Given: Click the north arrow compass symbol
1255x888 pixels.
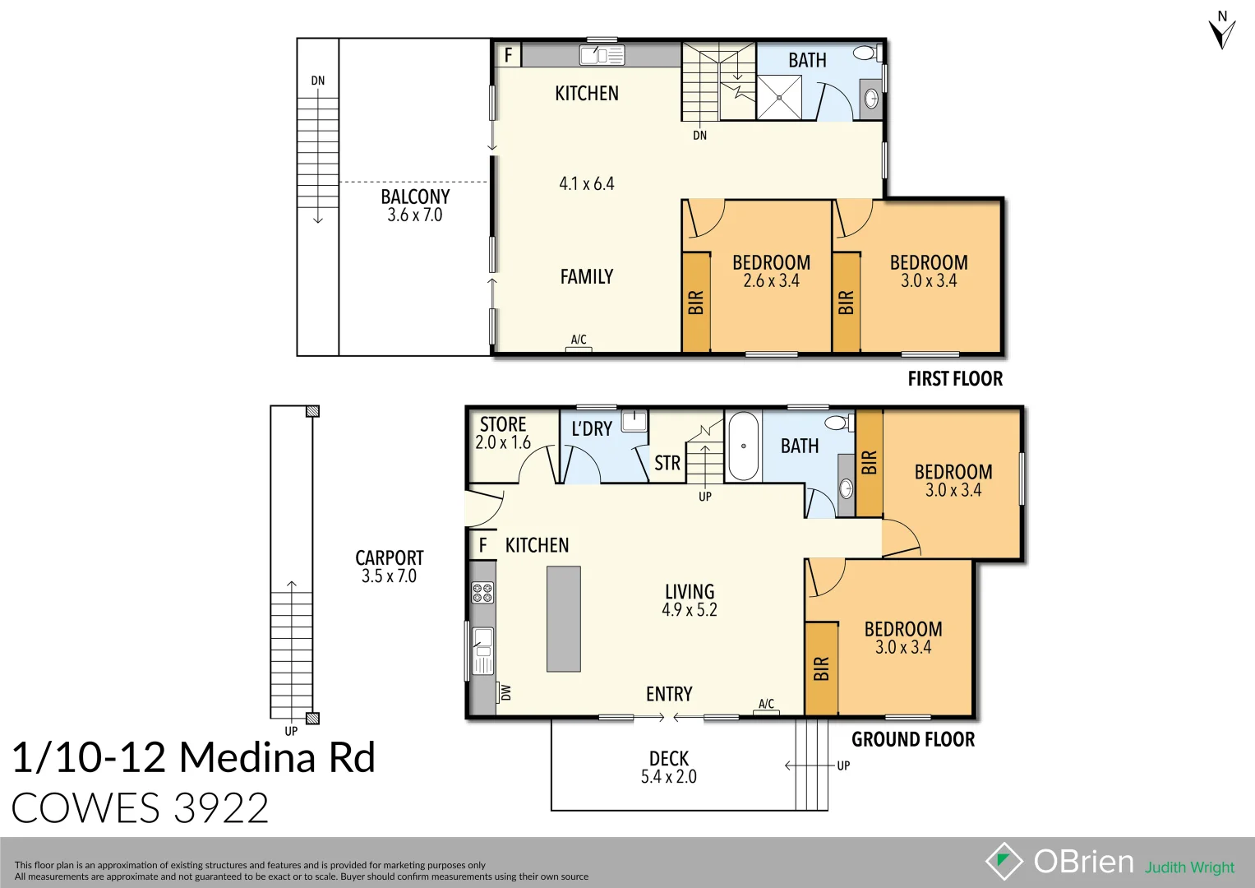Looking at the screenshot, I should (x=1222, y=31).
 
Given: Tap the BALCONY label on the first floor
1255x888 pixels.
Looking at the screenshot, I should (x=415, y=197).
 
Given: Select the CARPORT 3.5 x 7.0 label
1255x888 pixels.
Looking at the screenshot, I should (x=389, y=567).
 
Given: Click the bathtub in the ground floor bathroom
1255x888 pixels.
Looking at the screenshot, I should (x=743, y=446).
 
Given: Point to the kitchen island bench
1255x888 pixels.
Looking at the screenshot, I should (x=564, y=619).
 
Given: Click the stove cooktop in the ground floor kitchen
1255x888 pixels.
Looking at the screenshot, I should (x=482, y=592).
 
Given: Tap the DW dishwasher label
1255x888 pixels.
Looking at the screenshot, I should (x=505, y=693).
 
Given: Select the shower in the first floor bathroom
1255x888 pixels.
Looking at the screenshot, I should (x=778, y=97).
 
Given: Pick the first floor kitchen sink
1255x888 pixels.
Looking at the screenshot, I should (x=602, y=55).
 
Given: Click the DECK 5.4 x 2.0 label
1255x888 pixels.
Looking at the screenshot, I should (x=668, y=767).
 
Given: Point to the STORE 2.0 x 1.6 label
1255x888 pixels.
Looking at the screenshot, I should (x=503, y=433).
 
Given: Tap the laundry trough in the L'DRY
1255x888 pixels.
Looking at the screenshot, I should (x=634, y=421).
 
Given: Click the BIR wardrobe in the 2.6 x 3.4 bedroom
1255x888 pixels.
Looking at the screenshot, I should (x=696, y=303).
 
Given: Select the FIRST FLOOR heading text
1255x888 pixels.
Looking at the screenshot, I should (x=955, y=379).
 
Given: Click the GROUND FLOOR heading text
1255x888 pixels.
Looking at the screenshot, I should (x=913, y=739).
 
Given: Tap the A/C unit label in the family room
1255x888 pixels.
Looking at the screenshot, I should (x=579, y=340).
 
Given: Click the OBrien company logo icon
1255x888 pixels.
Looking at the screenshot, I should (x=1004, y=861).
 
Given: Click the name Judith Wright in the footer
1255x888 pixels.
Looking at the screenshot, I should (x=1189, y=867).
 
